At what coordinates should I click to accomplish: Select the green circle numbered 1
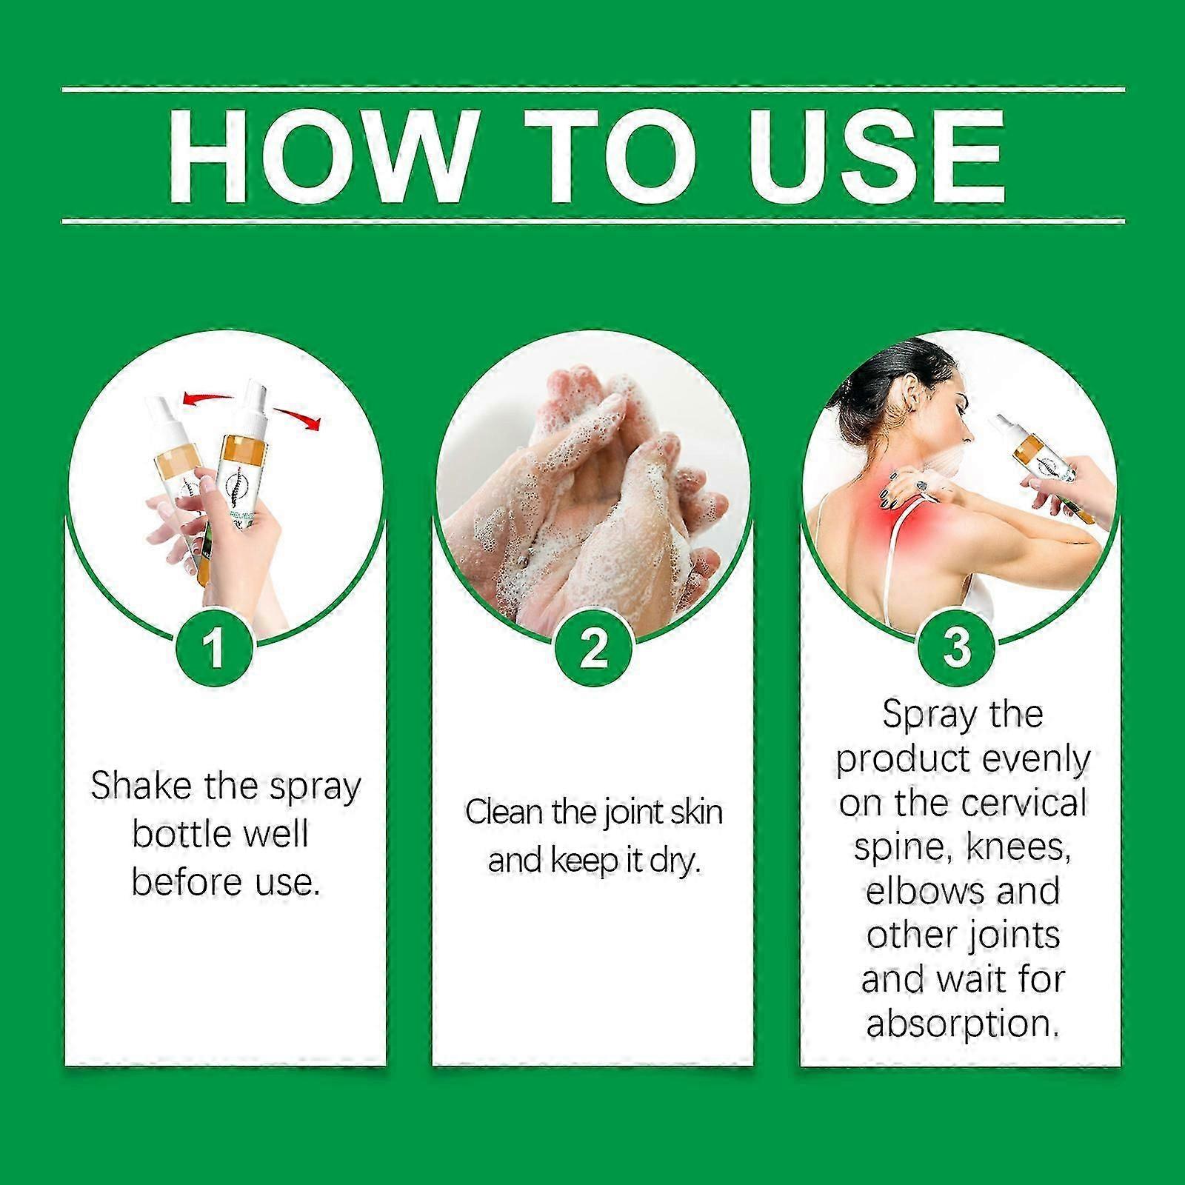click(x=215, y=647)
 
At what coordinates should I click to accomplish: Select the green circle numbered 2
click(x=593, y=647)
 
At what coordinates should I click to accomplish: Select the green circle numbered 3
click(x=958, y=647)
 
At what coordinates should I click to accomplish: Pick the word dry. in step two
click(x=675, y=861)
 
